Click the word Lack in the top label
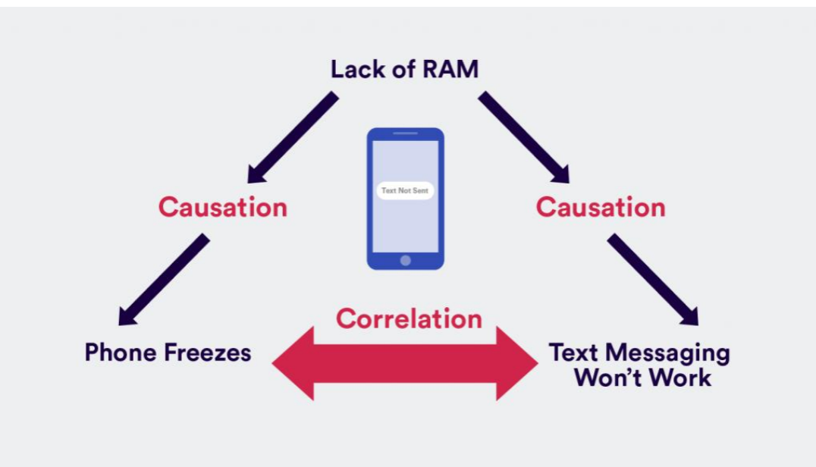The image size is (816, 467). click(x=353, y=70)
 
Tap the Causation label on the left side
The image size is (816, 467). click(x=222, y=207)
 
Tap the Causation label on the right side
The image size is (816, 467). click(x=600, y=207)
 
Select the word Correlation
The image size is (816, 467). click(x=409, y=318)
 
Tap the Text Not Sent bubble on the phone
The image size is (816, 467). click(x=405, y=190)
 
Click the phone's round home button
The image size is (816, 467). click(x=405, y=260)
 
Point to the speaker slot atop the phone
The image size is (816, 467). click(x=405, y=133)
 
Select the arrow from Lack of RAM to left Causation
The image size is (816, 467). click(x=293, y=137)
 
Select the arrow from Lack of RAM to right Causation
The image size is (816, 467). click(x=523, y=137)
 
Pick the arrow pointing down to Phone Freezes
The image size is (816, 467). click(x=163, y=279)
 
